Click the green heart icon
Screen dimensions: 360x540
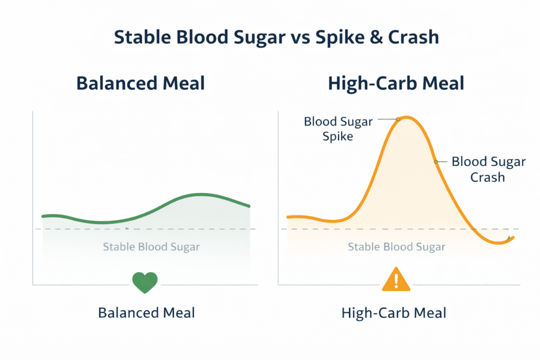point(145,283)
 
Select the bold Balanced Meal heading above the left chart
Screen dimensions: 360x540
point(140,83)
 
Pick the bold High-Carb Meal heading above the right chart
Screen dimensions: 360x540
point(396,83)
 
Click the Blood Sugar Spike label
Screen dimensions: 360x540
point(338,129)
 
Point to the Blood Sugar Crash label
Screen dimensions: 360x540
point(488,169)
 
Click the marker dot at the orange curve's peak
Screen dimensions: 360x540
point(398,119)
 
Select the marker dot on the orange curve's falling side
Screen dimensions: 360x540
point(436,161)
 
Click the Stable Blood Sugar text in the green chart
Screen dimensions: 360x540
point(151,247)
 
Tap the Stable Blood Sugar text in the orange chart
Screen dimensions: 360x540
point(397,247)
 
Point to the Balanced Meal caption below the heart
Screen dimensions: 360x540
point(147,313)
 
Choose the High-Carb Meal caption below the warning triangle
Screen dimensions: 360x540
point(393,313)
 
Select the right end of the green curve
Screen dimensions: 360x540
point(249,206)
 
